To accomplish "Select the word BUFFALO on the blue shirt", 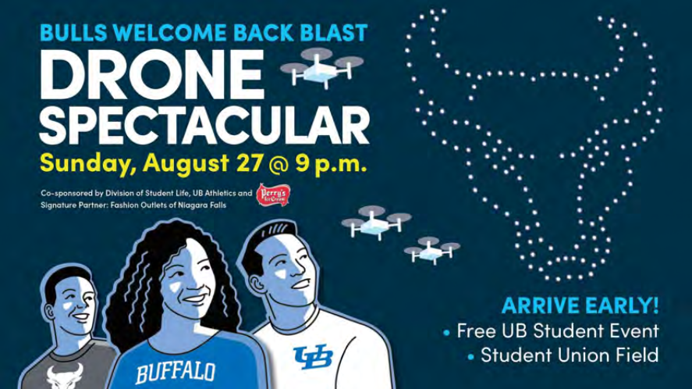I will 176,369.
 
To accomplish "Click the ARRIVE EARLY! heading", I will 580,305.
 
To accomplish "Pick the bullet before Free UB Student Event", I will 446,332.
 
